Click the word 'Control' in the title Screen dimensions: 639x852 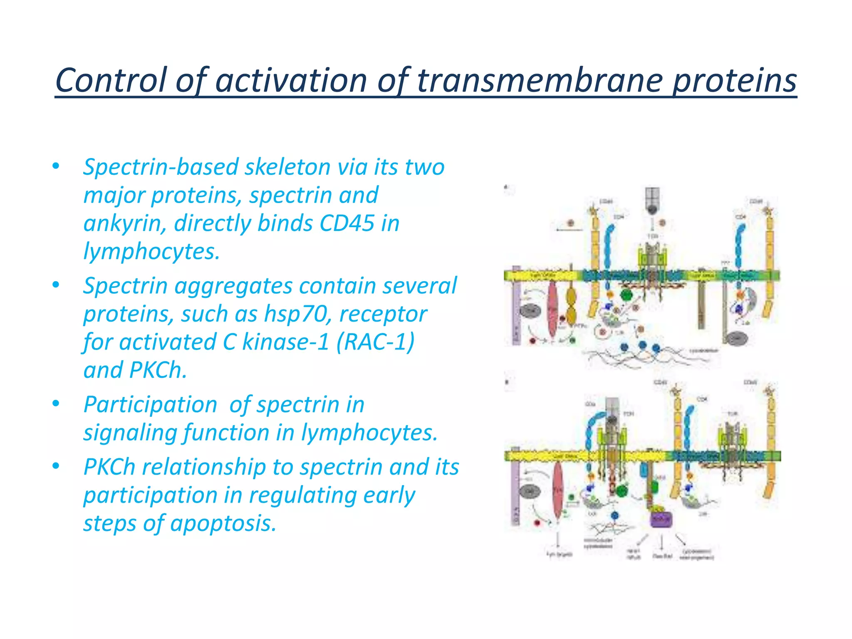(x=110, y=80)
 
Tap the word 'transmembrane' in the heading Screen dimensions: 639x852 (x=540, y=80)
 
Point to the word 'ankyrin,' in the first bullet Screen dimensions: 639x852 (x=125, y=223)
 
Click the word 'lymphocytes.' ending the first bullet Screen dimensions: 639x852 (x=151, y=252)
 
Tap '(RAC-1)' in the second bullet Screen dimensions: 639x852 (x=375, y=342)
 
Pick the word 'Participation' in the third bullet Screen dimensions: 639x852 (x=150, y=405)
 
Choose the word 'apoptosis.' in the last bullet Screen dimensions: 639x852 (x=223, y=523)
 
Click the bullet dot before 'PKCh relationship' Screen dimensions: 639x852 (x=56, y=466)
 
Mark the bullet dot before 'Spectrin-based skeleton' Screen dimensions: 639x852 (x=56, y=166)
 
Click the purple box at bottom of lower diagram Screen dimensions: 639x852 (x=661, y=518)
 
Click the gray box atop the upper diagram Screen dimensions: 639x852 (x=652, y=198)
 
